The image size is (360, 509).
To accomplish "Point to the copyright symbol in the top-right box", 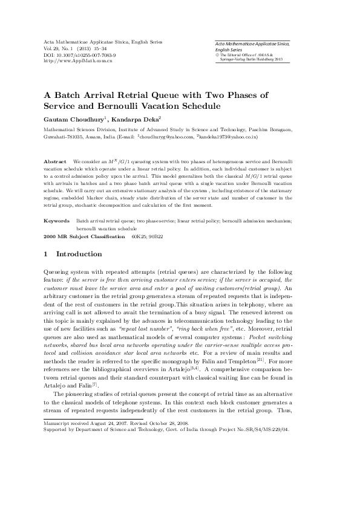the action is click(x=217, y=54).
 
